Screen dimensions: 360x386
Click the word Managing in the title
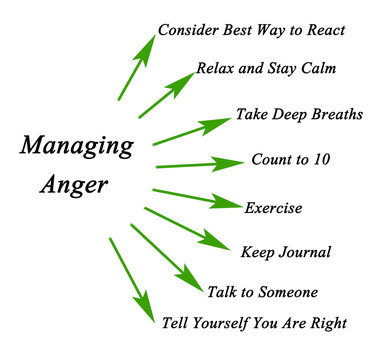click(76, 146)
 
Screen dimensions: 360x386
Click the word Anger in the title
click(76, 186)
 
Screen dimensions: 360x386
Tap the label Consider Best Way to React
click(251, 29)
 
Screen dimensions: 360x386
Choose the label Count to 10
click(290, 160)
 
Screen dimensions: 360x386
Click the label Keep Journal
click(285, 251)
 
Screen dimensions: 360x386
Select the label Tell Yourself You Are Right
click(254, 322)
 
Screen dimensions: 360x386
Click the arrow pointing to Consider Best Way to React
click(136, 67)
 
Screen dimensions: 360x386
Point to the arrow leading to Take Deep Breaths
click(191, 132)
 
